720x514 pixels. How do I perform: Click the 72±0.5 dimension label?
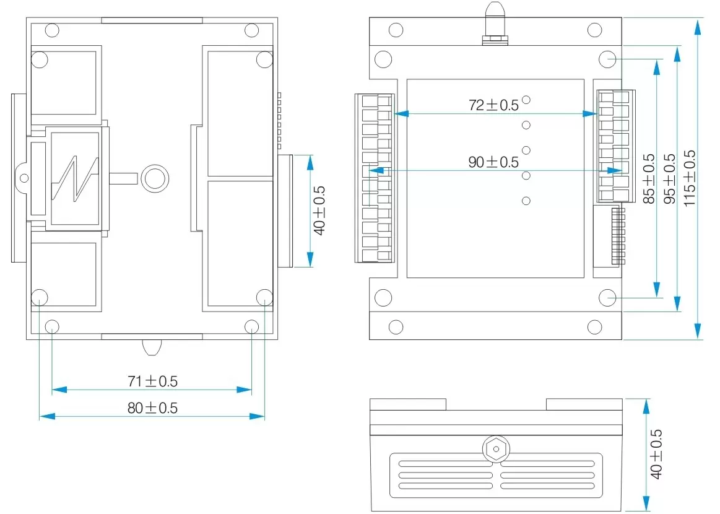pyautogui.click(x=493, y=105)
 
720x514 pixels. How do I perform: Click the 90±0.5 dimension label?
pyautogui.click(x=493, y=162)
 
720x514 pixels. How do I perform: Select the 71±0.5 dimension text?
pyautogui.click(x=152, y=381)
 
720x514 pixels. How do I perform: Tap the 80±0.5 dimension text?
pyautogui.click(x=152, y=408)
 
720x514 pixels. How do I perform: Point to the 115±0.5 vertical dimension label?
pyautogui.click(x=690, y=178)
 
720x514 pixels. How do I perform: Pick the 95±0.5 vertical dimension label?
pyautogui.click(x=669, y=178)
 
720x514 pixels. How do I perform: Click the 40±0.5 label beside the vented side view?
pyautogui.click(x=656, y=454)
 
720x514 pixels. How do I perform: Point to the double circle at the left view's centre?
pyautogui.click(x=154, y=178)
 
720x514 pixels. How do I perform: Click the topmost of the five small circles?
pyautogui.click(x=526, y=99)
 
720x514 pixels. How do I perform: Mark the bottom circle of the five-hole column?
pyautogui.click(x=526, y=201)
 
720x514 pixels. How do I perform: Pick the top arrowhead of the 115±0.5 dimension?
pyautogui.click(x=698, y=25)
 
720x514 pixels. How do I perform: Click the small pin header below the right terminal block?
pyautogui.click(x=618, y=235)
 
